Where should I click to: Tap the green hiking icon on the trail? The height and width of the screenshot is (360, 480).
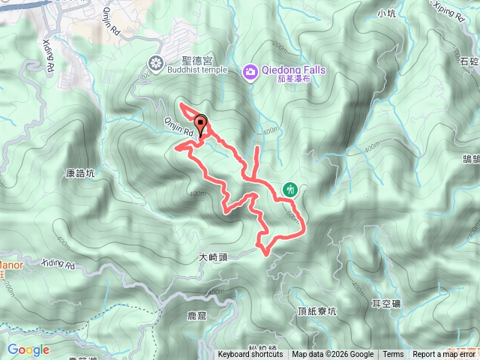coord(291,190)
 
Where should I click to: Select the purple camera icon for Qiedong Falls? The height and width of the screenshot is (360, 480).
coord(250,72)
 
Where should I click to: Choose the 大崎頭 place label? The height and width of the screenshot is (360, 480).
coord(213,257)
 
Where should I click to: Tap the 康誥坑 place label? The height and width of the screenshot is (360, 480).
coord(81,172)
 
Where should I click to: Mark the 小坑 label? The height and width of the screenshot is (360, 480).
coord(387,13)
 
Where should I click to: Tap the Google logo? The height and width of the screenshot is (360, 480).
coord(28,349)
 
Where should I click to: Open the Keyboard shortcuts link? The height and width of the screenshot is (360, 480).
coord(250,355)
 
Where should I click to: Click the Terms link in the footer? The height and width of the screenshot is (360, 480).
coord(393,355)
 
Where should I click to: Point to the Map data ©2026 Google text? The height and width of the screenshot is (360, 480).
coord(333,355)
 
